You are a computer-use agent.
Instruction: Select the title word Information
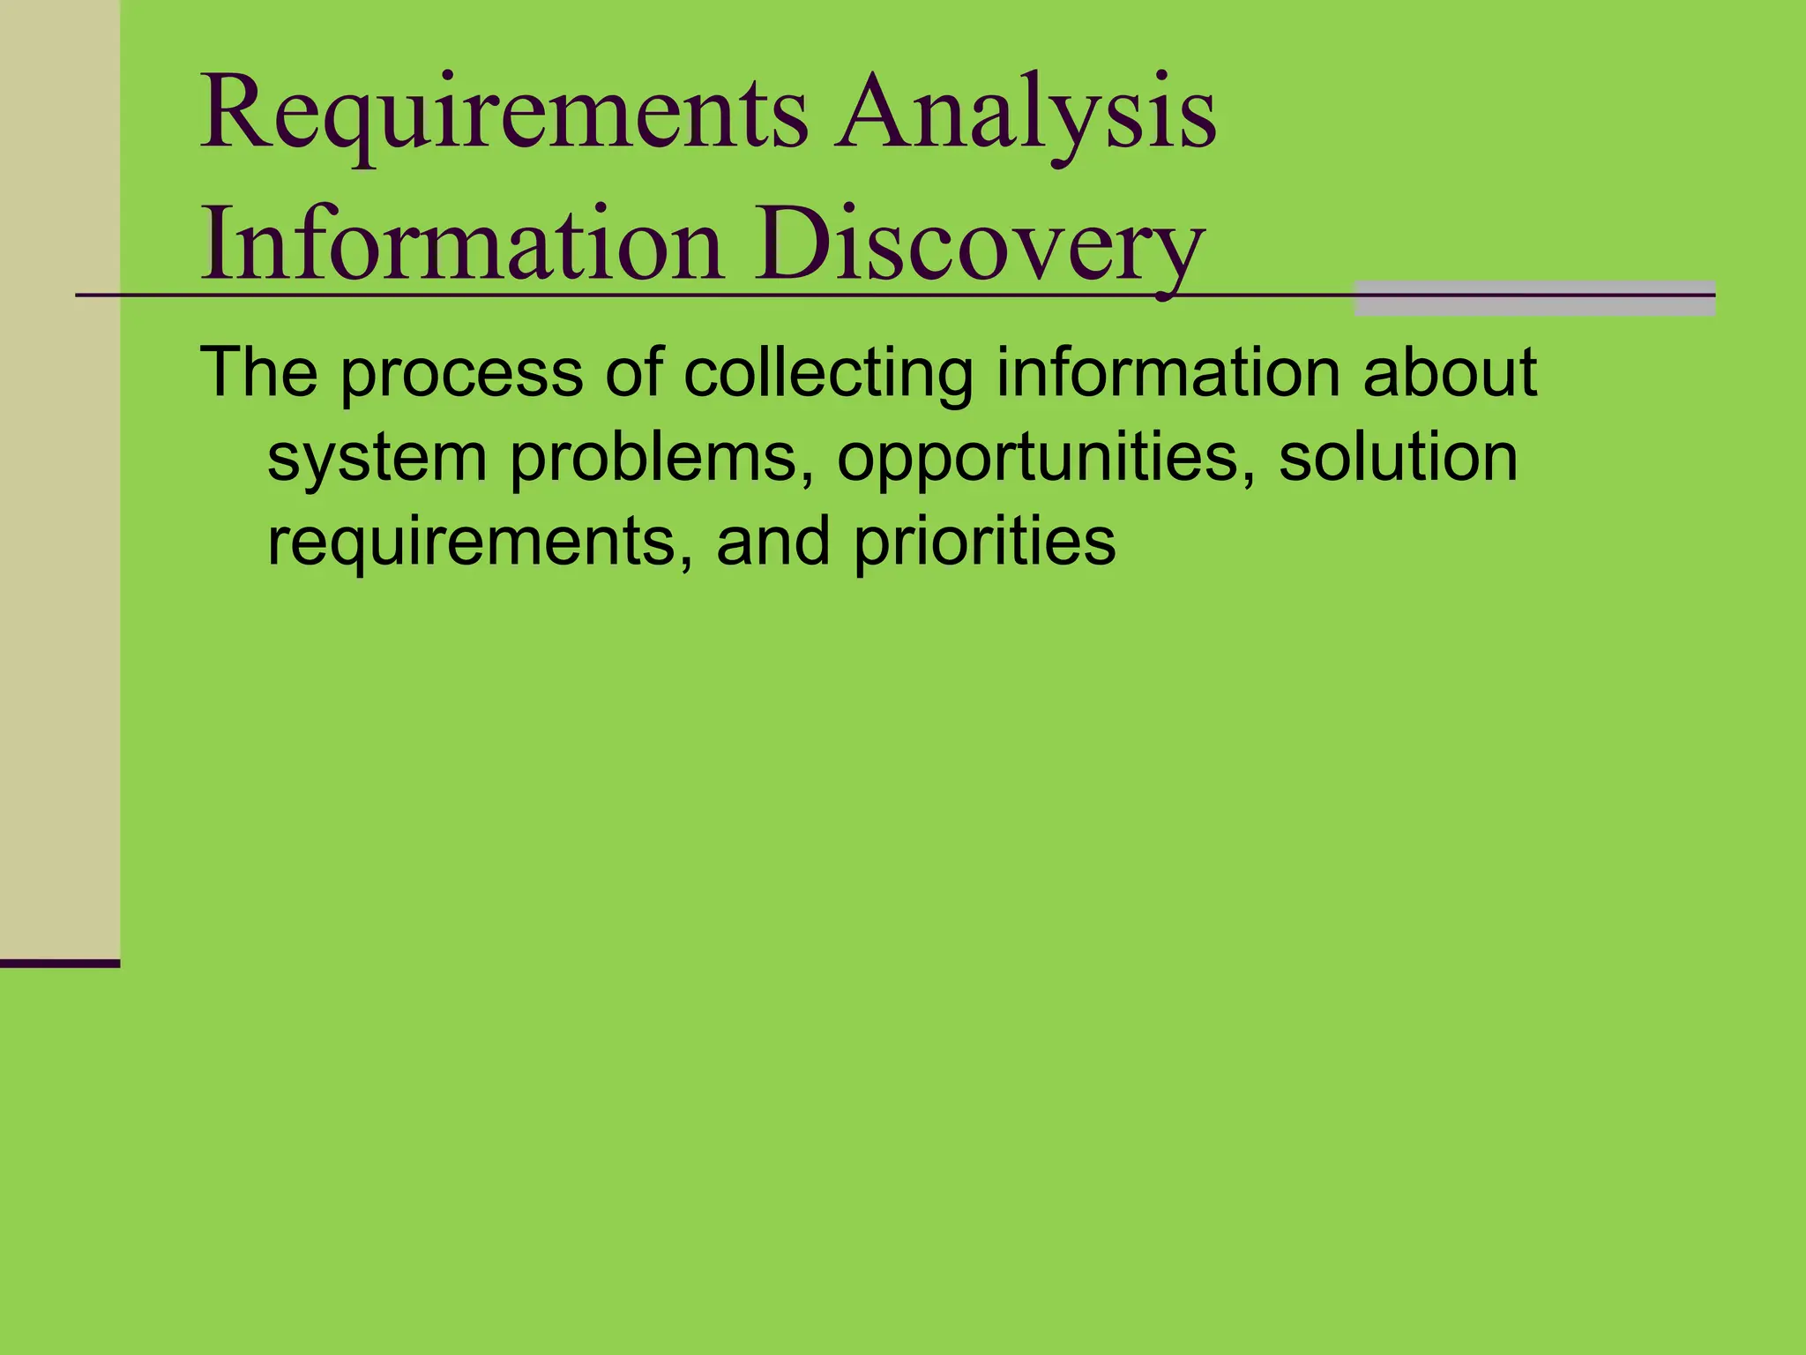(x=462, y=243)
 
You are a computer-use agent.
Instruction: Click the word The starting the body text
(x=258, y=372)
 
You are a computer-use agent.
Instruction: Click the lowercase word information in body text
(x=1168, y=372)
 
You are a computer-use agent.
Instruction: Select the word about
(x=1450, y=372)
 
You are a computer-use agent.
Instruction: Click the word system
(x=377, y=459)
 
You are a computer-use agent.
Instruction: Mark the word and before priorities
(x=772, y=542)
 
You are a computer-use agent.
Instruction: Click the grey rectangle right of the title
(x=1534, y=298)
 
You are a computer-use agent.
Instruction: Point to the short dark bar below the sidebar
(x=59, y=963)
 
